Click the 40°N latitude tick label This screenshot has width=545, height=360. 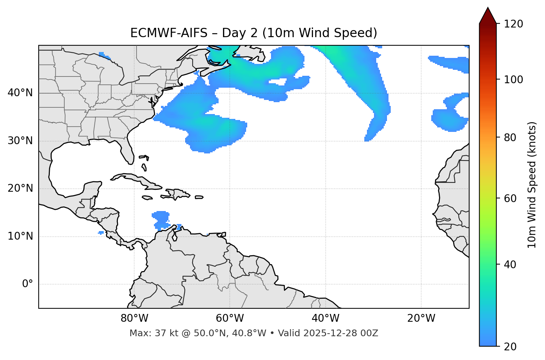click(20, 93)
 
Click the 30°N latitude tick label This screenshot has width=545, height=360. click(20, 141)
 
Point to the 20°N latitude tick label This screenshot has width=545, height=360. click(20, 188)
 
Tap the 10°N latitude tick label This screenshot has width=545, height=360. click(20, 236)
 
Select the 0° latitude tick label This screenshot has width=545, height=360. click(28, 284)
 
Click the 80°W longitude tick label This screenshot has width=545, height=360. click(134, 318)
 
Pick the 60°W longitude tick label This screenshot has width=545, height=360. click(230, 318)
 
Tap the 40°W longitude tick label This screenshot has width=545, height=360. click(325, 318)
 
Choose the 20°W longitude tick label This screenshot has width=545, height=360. click(421, 318)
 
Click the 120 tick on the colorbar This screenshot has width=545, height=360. click(513, 24)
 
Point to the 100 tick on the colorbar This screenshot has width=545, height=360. click(513, 80)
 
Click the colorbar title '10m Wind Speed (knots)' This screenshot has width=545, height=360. click(532, 185)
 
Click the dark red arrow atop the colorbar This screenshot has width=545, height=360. click(488, 16)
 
